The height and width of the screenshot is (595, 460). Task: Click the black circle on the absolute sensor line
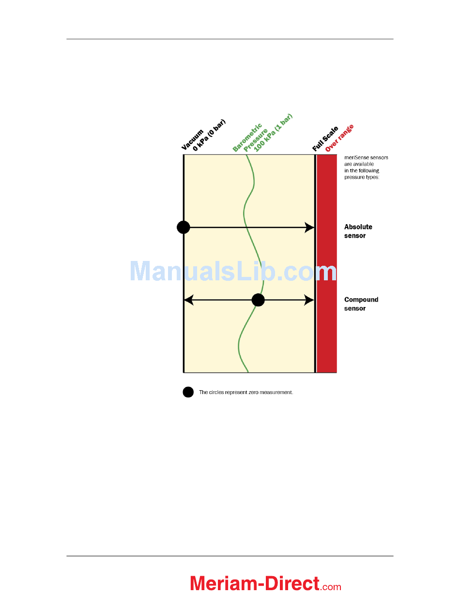183,227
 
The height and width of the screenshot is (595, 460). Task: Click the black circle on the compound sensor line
258,300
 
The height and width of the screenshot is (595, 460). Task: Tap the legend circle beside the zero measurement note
188,392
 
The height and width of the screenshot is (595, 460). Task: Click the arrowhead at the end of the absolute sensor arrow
309,227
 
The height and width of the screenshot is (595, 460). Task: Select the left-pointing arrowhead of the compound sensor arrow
189,300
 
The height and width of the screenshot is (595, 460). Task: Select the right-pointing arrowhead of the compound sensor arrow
309,300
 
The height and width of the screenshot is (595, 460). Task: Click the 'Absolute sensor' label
358,231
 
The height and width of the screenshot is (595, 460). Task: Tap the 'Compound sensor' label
361,304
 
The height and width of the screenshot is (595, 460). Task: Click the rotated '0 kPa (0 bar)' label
209,135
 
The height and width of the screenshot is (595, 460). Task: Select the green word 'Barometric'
247,138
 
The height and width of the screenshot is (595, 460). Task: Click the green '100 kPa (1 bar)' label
274,133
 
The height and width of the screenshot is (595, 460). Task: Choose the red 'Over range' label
339,138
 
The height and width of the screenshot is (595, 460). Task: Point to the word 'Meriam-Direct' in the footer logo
255,583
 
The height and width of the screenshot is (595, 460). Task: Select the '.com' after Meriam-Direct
331,586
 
